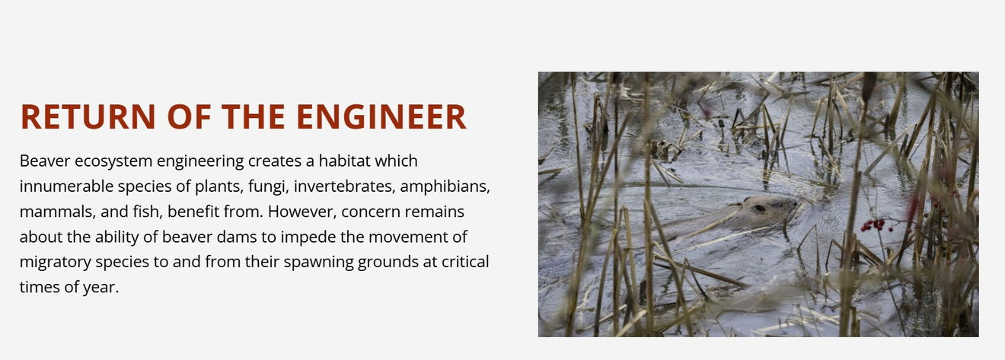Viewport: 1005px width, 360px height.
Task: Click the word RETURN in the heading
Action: coord(88,117)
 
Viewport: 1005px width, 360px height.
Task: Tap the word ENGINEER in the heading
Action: coord(381,117)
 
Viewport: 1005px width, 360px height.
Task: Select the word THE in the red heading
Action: coord(254,117)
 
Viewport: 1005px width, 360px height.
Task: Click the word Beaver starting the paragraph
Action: coord(45,161)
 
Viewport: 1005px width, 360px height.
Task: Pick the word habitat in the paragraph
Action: coord(345,161)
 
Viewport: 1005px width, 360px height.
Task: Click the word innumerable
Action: coord(66,186)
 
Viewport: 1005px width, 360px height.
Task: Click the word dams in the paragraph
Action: coord(237,237)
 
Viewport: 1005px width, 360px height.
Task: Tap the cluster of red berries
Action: coord(874,225)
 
